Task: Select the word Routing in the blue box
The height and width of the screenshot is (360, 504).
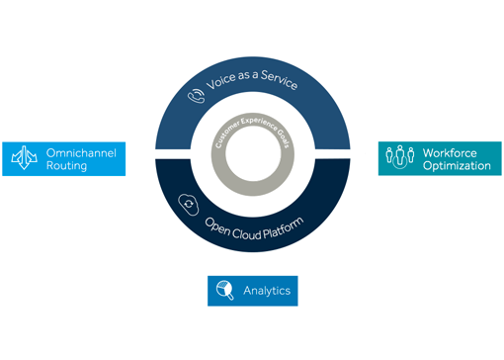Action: click(x=66, y=166)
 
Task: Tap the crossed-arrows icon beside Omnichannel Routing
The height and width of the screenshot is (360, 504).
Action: click(x=24, y=158)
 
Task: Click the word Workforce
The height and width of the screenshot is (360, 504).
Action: click(x=451, y=152)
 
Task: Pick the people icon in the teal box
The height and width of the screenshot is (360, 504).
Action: click(x=399, y=158)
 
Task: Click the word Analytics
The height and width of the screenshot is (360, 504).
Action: click(x=266, y=291)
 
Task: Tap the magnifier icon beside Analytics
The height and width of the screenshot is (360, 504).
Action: click(x=224, y=291)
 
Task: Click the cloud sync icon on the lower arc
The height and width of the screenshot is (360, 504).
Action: click(x=188, y=205)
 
